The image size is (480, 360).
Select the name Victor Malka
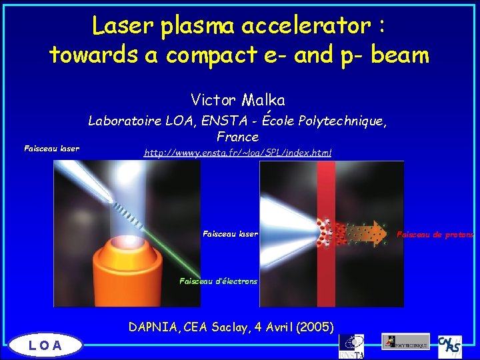click(238, 101)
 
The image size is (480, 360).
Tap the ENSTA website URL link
click(238, 153)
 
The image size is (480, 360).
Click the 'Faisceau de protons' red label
click(435, 235)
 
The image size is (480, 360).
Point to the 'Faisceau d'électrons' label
click(218, 281)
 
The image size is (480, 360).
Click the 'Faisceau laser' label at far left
click(51, 149)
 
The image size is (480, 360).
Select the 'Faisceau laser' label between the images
click(230, 234)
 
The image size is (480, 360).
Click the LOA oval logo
click(45, 345)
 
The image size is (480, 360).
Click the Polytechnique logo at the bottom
click(405, 341)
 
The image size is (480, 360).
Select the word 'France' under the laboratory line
click(238, 137)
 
